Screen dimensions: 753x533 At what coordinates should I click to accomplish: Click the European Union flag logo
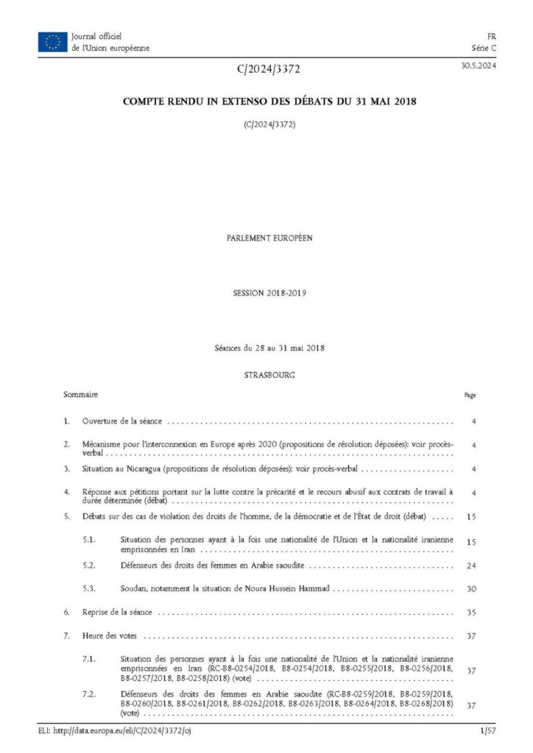click(52, 42)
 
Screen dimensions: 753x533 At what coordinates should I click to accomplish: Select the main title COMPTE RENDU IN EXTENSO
click(269, 101)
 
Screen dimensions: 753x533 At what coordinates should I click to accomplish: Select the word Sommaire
click(81, 395)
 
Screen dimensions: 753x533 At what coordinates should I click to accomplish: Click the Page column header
click(470, 396)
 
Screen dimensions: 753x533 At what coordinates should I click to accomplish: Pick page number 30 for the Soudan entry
click(471, 589)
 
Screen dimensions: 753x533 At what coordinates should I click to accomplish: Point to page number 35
click(471, 612)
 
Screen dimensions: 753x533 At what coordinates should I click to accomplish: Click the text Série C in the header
click(484, 48)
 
